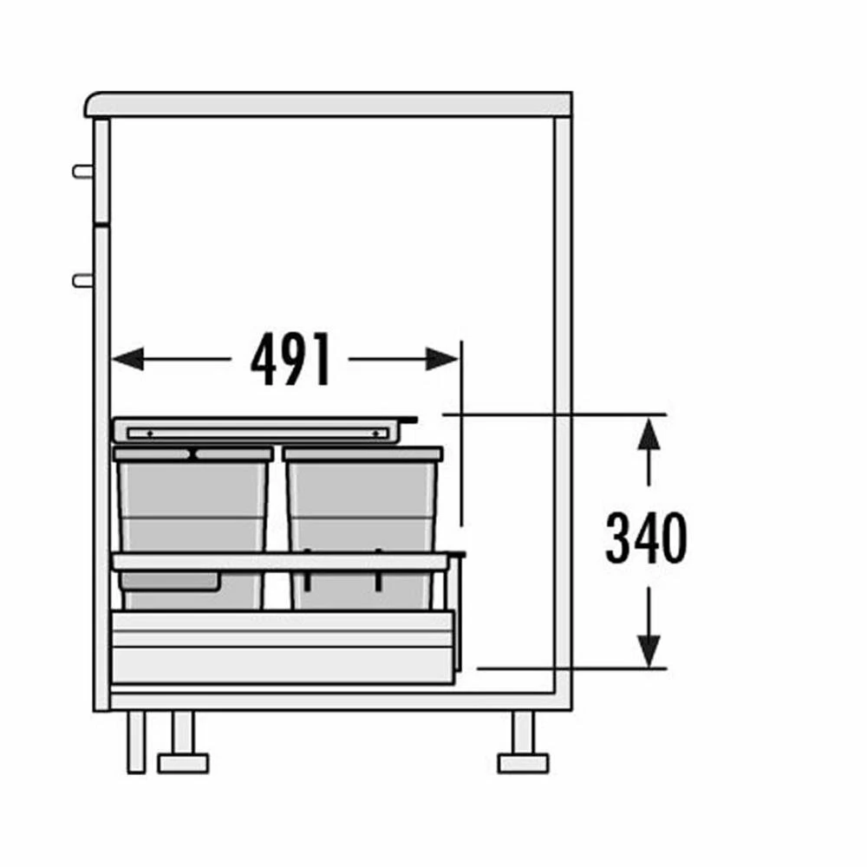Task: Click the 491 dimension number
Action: coord(290,359)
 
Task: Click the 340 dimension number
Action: coord(646,538)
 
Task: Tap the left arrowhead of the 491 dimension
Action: coord(127,359)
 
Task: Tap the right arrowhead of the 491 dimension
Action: coord(442,359)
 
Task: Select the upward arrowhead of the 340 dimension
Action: coord(649,434)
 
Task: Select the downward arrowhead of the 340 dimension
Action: coord(649,651)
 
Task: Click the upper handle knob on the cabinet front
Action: coord(83,172)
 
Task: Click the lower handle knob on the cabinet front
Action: coord(83,281)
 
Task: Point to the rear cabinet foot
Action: coord(523,742)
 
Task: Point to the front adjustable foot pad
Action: coord(183,763)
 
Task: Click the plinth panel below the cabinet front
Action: coord(136,742)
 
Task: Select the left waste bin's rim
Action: coord(193,454)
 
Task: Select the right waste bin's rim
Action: coord(362,454)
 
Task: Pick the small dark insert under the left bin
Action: coord(170,581)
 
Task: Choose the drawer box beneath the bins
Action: coord(284,647)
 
